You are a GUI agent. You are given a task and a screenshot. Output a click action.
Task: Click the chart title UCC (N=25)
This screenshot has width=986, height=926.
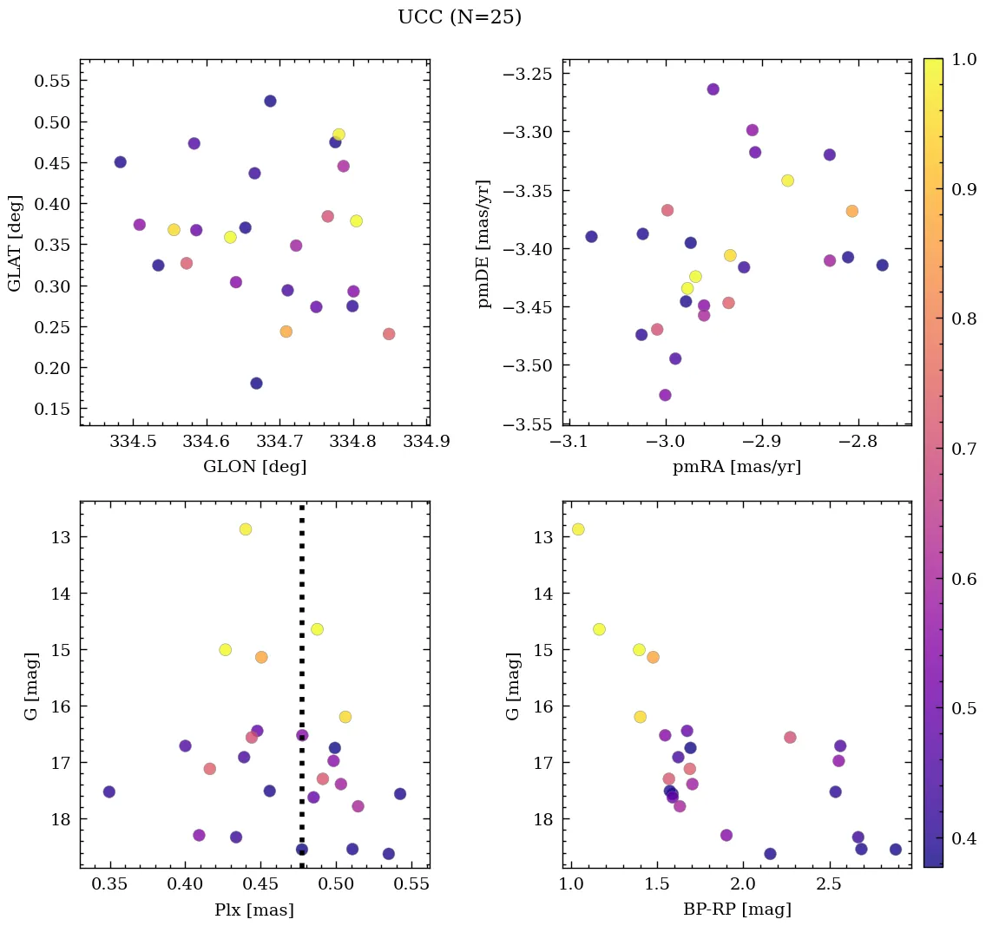[x=459, y=17]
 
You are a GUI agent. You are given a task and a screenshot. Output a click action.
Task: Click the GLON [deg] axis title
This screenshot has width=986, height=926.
[x=254, y=467]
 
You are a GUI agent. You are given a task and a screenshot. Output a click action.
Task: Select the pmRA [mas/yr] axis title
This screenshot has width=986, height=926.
[x=736, y=467]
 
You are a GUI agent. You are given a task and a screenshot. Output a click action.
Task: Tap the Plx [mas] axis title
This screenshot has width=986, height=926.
[x=253, y=910]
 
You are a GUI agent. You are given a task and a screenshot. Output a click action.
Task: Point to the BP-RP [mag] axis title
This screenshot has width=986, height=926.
[x=736, y=910]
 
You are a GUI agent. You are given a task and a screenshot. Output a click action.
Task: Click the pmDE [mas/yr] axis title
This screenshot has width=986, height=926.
[x=484, y=244]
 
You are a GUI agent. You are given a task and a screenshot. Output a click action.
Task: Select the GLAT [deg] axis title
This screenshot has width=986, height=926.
[x=16, y=242]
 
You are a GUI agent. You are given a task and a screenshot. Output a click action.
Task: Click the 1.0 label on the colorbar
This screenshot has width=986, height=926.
[x=963, y=60]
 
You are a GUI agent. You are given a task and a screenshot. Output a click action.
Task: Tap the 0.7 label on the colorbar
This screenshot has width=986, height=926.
[x=963, y=449]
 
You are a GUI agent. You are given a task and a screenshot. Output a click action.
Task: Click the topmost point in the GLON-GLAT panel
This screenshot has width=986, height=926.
[x=270, y=102]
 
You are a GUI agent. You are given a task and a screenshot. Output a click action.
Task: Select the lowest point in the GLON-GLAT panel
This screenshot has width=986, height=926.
[x=256, y=384]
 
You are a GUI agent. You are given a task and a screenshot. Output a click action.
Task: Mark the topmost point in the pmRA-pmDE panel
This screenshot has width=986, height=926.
[x=713, y=89]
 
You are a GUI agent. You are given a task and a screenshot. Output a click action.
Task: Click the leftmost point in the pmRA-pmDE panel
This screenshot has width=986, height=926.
[x=591, y=237]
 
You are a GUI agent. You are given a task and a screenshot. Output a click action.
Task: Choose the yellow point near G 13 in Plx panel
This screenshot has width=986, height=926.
[x=246, y=529]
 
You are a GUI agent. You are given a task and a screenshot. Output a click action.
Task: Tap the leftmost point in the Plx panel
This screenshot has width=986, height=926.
[x=109, y=791]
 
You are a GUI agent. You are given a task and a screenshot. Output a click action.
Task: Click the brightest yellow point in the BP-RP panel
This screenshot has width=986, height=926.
[x=578, y=529]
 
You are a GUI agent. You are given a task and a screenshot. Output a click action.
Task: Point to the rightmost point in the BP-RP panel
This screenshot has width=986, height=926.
[x=896, y=850]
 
